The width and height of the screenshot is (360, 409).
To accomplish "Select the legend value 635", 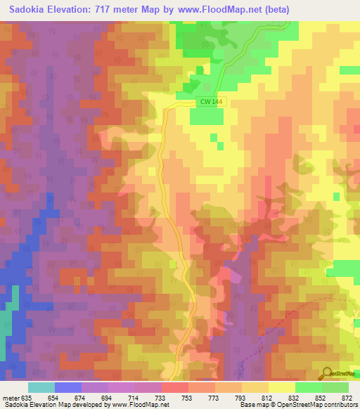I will click(x=27, y=398).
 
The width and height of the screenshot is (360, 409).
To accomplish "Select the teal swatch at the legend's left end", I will click(x=41, y=387).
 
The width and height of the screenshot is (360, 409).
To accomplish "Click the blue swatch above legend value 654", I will click(x=68, y=387).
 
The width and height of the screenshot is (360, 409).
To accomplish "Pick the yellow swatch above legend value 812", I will click(x=255, y=387).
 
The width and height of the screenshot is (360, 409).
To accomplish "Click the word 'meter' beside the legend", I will click(x=9, y=398).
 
